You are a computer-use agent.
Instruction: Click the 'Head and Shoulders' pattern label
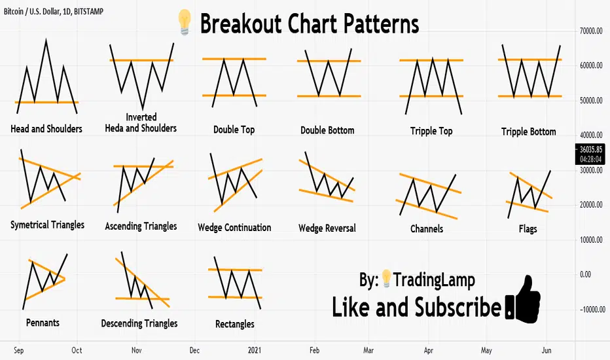pyautogui.click(x=46, y=129)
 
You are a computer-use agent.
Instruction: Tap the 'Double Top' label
pyautogui.click(x=234, y=130)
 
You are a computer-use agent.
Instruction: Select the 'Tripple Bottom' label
pyautogui.click(x=528, y=132)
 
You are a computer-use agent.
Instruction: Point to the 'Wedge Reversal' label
pyautogui.click(x=327, y=228)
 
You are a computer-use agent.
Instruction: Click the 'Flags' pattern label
pyautogui.click(x=528, y=229)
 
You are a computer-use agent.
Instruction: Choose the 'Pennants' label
pyautogui.click(x=43, y=323)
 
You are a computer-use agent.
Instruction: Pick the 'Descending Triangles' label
pyautogui.click(x=139, y=323)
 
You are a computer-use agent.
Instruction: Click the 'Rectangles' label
pyautogui.click(x=234, y=324)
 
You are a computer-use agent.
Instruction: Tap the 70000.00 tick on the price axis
pyautogui.click(x=591, y=31)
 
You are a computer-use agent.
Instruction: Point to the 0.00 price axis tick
pyautogui.click(x=586, y=274)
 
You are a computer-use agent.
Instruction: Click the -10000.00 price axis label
pyautogui.click(x=592, y=310)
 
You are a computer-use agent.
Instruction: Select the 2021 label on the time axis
pyautogui.click(x=255, y=350)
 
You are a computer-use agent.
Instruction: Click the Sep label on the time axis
pyautogui.click(x=19, y=350)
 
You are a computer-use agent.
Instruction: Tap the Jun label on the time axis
pyautogui.click(x=547, y=350)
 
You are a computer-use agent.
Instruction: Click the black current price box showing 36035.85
pyautogui.click(x=590, y=154)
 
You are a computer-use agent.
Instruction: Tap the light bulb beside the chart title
pyautogui.click(x=185, y=22)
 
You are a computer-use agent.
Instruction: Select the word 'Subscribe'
pyautogui.click(x=457, y=307)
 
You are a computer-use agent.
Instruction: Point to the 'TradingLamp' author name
pyautogui.click(x=434, y=280)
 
